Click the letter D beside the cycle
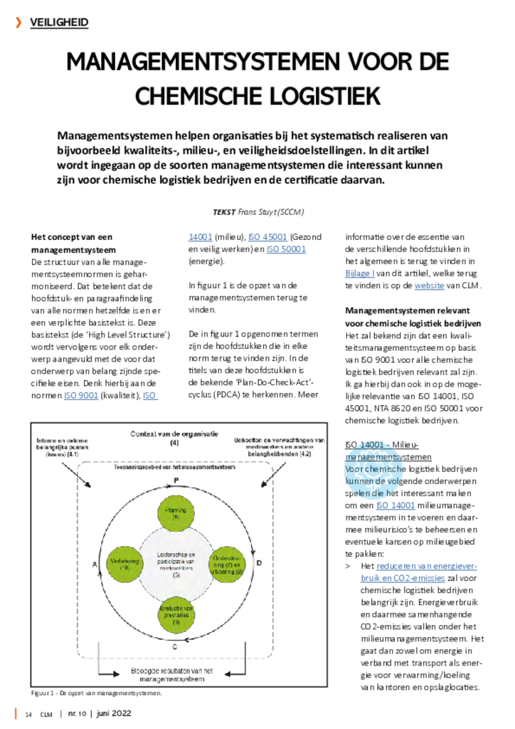tap(260, 563)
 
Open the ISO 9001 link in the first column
tap(80, 396)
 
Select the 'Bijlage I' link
tap(360, 274)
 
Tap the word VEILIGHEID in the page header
tap(59, 23)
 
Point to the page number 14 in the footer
tap(29, 714)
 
